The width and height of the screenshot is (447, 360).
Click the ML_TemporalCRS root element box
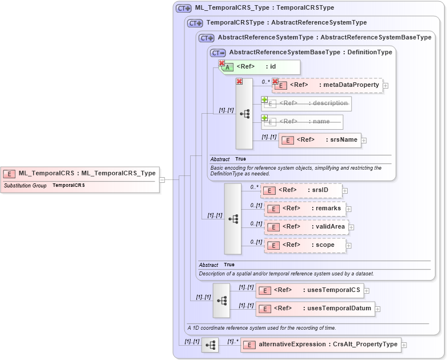click(x=80, y=173)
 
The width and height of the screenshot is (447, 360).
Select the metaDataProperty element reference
click(x=328, y=85)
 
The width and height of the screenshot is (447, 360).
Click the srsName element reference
click(x=320, y=140)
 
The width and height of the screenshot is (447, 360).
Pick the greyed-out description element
click(x=307, y=103)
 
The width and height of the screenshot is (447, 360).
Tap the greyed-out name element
click(x=303, y=122)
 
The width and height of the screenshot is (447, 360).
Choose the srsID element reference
click(x=301, y=190)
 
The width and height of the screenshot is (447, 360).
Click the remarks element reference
click(x=305, y=209)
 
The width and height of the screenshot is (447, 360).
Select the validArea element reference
click(x=307, y=227)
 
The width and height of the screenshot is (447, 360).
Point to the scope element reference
click(x=305, y=245)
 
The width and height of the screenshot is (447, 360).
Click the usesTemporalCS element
click(x=309, y=290)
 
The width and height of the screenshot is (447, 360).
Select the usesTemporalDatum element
click(x=315, y=309)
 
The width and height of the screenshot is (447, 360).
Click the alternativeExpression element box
click(x=320, y=345)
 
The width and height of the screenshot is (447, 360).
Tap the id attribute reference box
click(x=260, y=67)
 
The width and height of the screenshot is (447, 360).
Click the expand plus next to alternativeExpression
click(x=404, y=345)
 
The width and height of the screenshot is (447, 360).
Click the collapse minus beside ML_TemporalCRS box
click(x=162, y=179)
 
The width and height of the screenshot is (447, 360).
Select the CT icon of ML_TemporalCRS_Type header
click(x=183, y=9)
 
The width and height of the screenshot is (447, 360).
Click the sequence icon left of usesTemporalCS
click(x=222, y=300)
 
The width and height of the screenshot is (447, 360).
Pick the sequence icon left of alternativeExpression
click(x=210, y=345)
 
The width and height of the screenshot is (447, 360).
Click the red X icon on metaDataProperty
click(x=275, y=82)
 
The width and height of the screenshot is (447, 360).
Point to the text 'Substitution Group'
click(x=25, y=186)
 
